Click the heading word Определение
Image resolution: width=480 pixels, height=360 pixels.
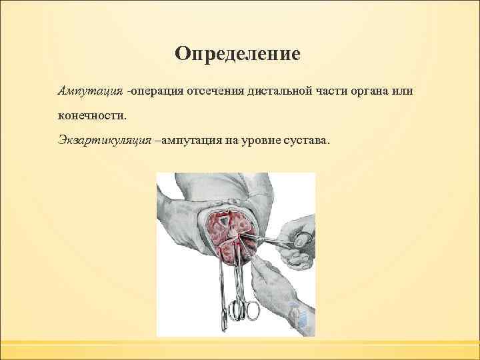pyautogui.click(x=238, y=53)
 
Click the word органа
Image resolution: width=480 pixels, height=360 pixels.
pyautogui.click(x=367, y=89)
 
